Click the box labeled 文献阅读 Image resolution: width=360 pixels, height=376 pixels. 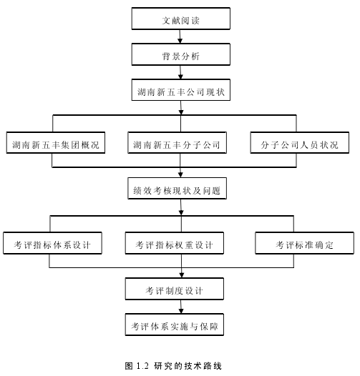(x=181, y=19)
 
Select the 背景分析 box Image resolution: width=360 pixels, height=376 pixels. (x=181, y=54)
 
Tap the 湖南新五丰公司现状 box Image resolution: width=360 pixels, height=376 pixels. (x=181, y=90)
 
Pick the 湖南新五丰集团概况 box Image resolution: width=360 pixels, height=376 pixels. (x=56, y=143)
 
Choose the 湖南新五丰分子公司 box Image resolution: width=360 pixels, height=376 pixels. (x=177, y=143)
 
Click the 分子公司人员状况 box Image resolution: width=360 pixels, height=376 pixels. (x=300, y=143)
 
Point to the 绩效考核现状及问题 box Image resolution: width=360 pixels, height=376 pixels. (x=177, y=189)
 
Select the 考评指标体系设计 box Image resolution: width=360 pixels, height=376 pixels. (x=52, y=243)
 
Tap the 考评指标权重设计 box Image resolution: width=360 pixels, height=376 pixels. (x=175, y=243)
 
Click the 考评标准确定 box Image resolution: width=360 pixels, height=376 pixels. (x=304, y=243)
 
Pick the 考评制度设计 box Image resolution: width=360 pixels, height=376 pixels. (x=175, y=289)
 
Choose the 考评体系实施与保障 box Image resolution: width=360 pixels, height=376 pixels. (x=175, y=325)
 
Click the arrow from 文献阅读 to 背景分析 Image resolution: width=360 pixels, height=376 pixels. (x=180, y=36)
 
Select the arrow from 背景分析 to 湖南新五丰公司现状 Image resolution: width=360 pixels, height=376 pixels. (x=180, y=72)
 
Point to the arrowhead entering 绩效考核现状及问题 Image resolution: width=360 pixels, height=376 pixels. (x=180, y=175)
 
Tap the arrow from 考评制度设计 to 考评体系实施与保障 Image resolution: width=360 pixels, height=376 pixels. (x=181, y=307)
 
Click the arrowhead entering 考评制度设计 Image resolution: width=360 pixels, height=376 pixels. (x=182, y=275)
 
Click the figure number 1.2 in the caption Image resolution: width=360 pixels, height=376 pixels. (x=142, y=366)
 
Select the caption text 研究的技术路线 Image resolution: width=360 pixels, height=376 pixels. (x=188, y=366)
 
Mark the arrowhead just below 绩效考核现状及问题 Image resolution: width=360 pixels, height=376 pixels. (x=181, y=212)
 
